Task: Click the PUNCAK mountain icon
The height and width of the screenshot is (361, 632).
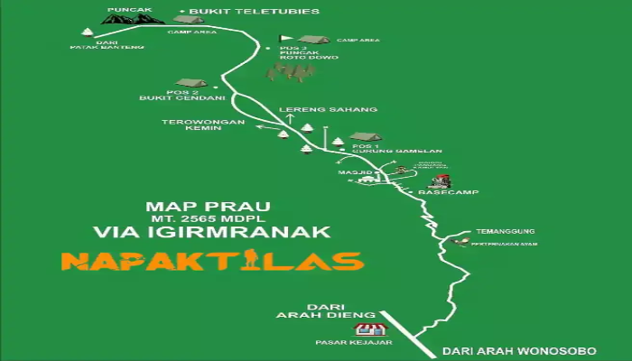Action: pyautogui.click(x=132, y=18)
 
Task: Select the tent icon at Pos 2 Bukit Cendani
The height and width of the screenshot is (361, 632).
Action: pyautogui.click(x=191, y=83)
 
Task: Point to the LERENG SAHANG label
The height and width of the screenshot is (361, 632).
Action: pyautogui.click(x=315, y=110)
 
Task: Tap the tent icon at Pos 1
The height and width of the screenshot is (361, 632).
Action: pyautogui.click(x=366, y=137)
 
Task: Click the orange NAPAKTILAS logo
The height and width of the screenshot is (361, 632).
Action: pyautogui.click(x=212, y=261)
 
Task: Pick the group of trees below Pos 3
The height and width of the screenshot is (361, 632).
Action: pyautogui.click(x=289, y=72)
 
